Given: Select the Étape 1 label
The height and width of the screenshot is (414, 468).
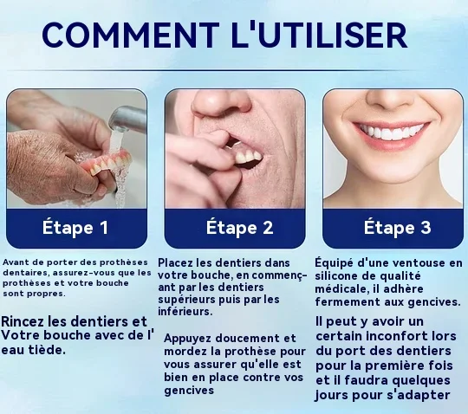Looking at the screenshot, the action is (x=75, y=228).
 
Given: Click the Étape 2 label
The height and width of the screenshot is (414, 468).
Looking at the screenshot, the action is (x=239, y=228).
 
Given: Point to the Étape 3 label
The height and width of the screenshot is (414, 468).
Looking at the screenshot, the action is (x=397, y=228).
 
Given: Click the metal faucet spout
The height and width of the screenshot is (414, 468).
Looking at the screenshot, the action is (x=127, y=119).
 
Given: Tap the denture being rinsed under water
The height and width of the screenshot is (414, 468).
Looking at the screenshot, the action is (x=106, y=163).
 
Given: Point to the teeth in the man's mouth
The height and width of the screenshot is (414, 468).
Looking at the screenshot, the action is (x=247, y=156).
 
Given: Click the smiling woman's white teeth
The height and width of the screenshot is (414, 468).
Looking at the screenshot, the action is (x=392, y=132).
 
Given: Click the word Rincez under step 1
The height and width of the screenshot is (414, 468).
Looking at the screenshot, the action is (x=22, y=321).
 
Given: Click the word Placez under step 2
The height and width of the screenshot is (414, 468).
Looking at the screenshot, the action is (x=175, y=262).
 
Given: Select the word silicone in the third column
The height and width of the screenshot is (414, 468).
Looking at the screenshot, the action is (x=335, y=276).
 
